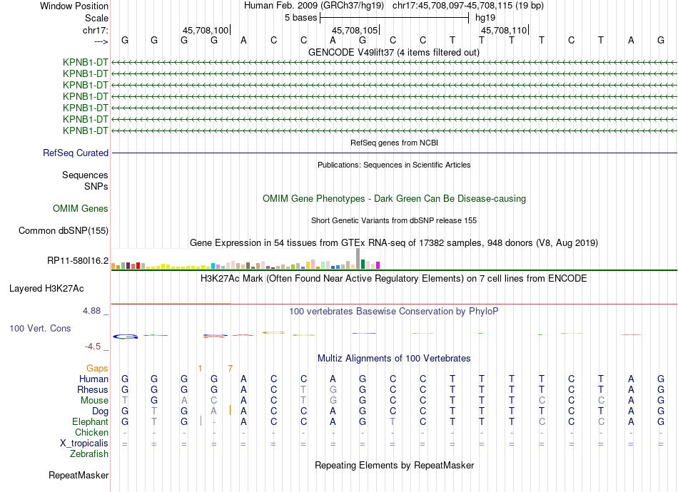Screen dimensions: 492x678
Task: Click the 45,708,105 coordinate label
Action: coord(355,31)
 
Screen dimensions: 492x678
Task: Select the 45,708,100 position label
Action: coord(206,31)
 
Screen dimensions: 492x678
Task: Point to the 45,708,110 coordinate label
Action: coord(504,31)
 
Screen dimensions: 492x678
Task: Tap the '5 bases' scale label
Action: coord(300,16)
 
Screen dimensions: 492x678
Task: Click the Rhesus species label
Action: coord(93,390)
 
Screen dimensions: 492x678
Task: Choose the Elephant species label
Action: coord(90,422)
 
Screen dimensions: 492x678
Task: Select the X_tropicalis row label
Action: coord(84,443)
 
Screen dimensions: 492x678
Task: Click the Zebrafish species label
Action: coord(89,453)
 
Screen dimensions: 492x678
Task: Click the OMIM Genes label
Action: coord(81,209)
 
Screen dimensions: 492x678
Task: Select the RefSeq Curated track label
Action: coord(76,153)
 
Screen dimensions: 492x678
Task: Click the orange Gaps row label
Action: coord(97,368)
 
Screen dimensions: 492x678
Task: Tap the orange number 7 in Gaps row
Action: coord(230,368)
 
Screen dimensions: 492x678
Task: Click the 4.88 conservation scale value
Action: coord(93,311)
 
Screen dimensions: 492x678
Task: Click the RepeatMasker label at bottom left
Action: coord(79,475)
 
